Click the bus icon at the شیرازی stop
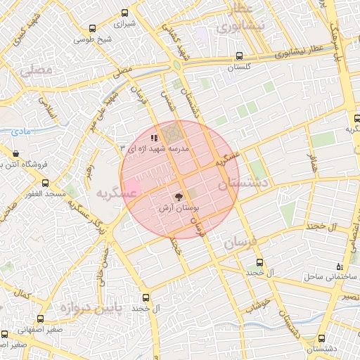126,13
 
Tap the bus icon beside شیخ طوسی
93,29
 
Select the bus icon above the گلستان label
240,56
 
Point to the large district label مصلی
37,71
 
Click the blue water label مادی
23,131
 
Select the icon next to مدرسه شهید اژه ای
154,138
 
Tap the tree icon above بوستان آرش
179,198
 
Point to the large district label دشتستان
245,185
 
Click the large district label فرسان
243,243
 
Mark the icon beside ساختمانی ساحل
340,266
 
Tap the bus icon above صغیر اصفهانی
5,334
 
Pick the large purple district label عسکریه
115,192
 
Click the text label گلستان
240,67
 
